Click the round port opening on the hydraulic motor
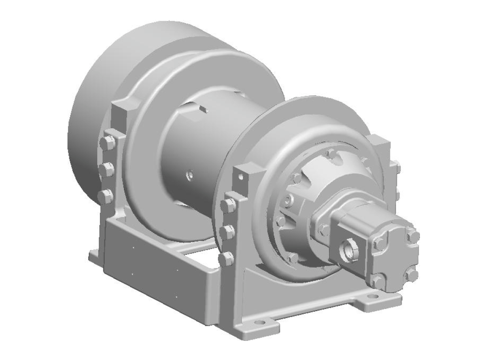(x=348, y=251)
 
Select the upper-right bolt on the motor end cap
(x=413, y=236)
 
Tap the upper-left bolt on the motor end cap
(x=379, y=243)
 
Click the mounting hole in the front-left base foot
(x=261, y=323)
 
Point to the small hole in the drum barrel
(x=189, y=176)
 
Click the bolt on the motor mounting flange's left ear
(x=324, y=229)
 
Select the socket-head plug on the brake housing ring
(x=289, y=199)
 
